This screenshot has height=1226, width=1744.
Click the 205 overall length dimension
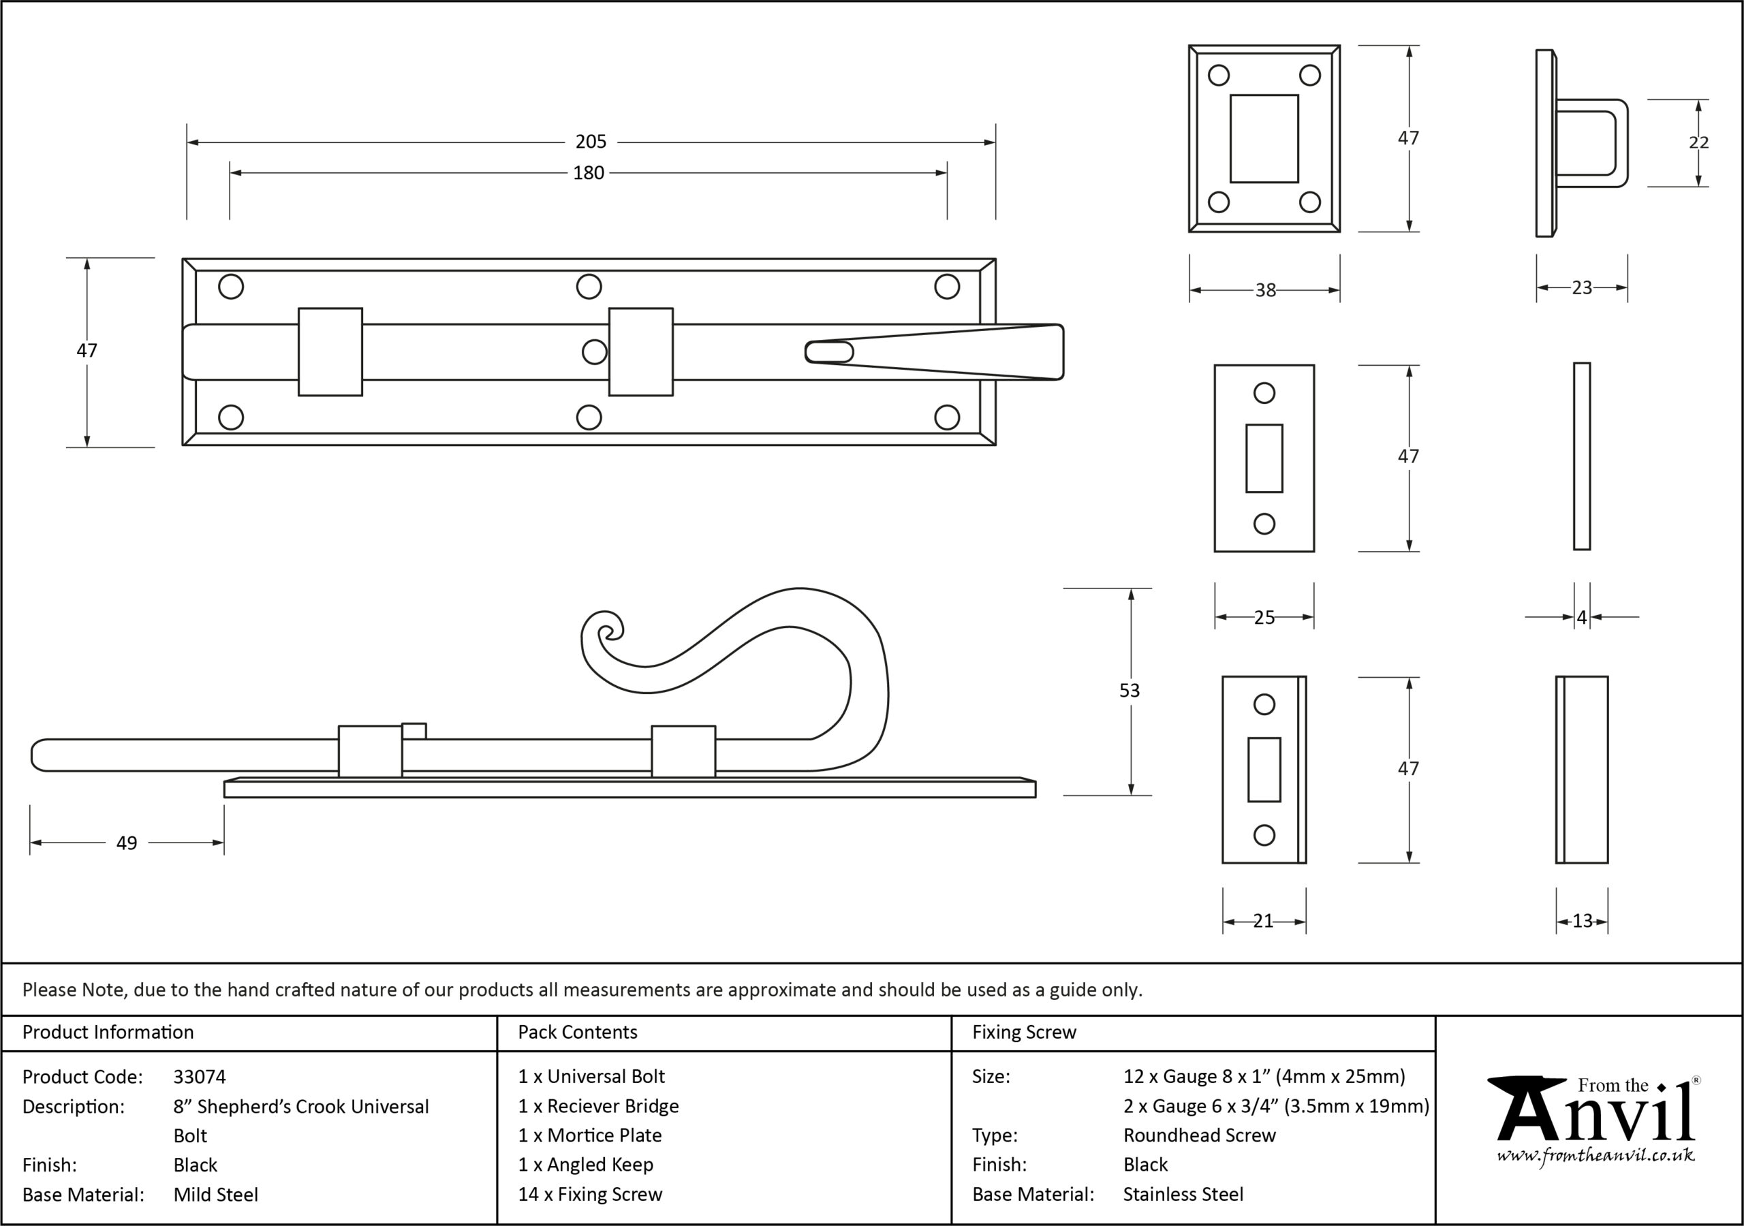tap(591, 142)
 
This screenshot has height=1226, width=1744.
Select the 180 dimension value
tap(589, 173)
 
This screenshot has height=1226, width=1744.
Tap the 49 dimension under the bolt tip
tap(127, 843)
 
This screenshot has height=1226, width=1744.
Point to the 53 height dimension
tap(1130, 691)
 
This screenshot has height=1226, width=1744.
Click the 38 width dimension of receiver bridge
tap(1266, 290)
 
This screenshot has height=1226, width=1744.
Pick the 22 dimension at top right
tap(1699, 143)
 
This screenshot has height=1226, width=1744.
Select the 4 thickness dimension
tap(1583, 618)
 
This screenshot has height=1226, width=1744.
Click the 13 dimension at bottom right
tap(1583, 922)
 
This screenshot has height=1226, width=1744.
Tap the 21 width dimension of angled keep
tap(1263, 922)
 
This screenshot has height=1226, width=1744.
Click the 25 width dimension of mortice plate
tap(1264, 618)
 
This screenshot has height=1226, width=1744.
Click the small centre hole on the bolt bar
tap(594, 351)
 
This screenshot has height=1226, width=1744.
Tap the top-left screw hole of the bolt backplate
tap(231, 287)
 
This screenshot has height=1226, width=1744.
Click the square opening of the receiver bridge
tap(1264, 138)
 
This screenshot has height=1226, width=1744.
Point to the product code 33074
tap(200, 1076)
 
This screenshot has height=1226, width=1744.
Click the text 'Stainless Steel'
tap(1183, 1194)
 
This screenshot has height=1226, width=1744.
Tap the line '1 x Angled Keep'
tap(586, 1165)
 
